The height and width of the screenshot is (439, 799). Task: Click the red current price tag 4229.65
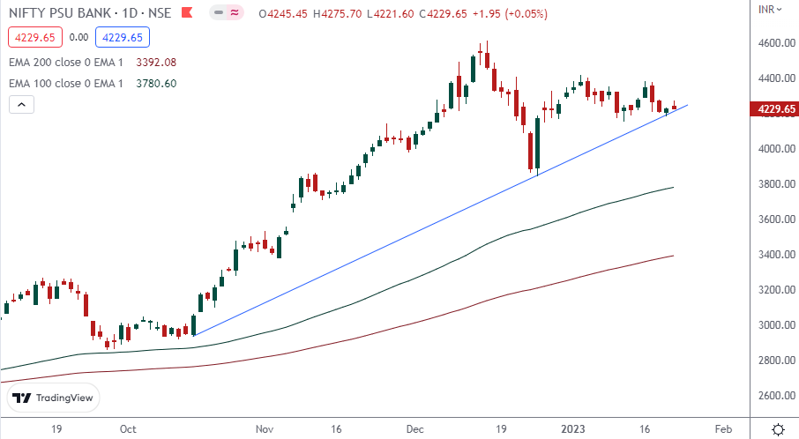pos(773,109)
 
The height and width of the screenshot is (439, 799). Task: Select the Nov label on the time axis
pos(265,429)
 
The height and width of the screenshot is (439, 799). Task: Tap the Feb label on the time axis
pos(722,429)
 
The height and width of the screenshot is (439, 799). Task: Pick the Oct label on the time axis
pos(128,429)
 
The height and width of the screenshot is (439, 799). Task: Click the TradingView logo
pos(53,398)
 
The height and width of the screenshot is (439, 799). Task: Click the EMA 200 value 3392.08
pos(157,63)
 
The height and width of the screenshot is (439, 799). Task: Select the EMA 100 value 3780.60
pos(157,84)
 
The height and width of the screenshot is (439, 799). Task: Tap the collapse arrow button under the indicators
pos(22,104)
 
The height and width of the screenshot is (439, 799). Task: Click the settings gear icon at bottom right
pos(778,429)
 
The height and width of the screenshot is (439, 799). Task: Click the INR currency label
pos(767,9)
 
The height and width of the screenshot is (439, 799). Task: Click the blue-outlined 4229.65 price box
pos(124,37)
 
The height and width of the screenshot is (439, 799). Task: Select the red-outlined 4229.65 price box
pos(34,37)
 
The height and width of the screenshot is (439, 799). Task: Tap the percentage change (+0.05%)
pos(527,14)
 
